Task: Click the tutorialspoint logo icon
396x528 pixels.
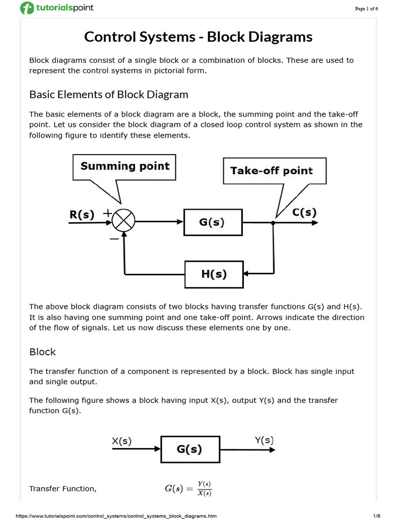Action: pos(26,8)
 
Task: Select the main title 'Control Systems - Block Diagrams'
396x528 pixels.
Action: pos(198,37)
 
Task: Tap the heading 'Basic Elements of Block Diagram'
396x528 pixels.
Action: pos(109,95)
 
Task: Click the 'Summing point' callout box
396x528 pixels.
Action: pos(125,166)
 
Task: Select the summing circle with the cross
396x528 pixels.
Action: pos(123,222)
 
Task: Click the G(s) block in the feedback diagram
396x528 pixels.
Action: pos(212,222)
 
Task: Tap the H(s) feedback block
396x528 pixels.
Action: pos(213,274)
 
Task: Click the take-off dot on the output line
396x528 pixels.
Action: pos(273,223)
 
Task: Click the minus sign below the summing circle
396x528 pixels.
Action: pos(114,239)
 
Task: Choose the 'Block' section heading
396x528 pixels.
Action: pos(42,352)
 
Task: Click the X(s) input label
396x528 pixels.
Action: pos(122,441)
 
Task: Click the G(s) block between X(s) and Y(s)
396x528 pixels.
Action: pos(190,449)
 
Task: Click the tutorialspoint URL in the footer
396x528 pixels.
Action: pos(109,516)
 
